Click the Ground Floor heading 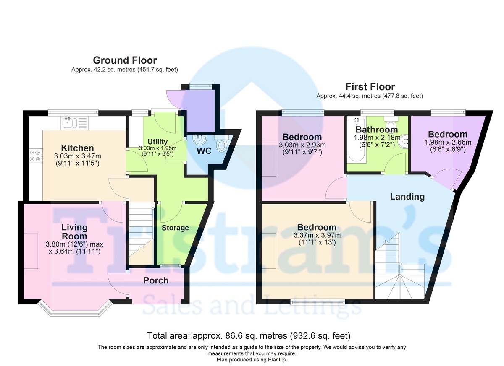point(125,60)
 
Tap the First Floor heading point(370,87)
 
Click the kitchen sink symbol point(74,123)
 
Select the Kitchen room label point(77,148)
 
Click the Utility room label point(157,142)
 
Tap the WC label point(204,151)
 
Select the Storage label point(175,228)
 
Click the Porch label point(156,280)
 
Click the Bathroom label point(377,130)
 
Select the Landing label point(407,197)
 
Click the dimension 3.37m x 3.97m point(317,235)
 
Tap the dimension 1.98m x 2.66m point(448,142)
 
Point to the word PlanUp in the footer point(277,360)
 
